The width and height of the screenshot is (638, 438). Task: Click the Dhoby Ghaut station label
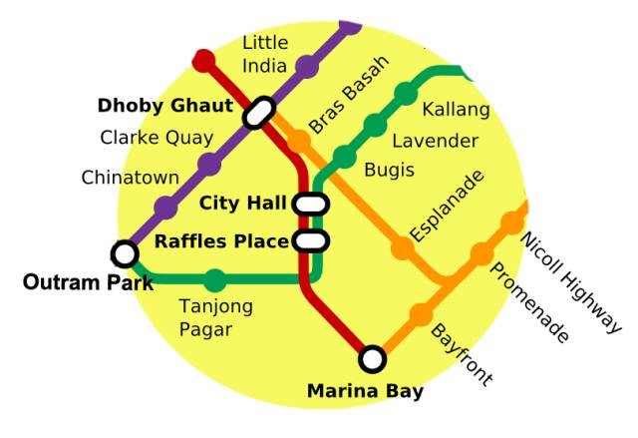click(x=163, y=106)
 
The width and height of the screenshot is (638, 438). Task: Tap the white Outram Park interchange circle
click(x=125, y=253)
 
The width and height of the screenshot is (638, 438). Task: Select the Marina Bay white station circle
click(x=372, y=357)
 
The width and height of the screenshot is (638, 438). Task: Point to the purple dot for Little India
click(x=306, y=68)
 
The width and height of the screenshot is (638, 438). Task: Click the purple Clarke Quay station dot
click(x=209, y=164)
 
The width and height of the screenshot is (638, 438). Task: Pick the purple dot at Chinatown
click(x=165, y=208)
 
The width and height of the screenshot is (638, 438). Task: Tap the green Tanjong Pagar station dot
click(x=215, y=281)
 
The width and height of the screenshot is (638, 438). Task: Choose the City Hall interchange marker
click(x=311, y=205)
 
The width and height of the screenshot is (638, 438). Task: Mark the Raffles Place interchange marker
click(x=311, y=240)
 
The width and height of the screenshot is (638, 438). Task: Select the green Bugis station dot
click(x=343, y=157)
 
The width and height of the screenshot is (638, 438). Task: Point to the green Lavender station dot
click(x=374, y=126)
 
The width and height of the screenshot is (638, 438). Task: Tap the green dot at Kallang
click(x=406, y=94)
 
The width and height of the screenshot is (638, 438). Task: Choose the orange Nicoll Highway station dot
click(x=512, y=222)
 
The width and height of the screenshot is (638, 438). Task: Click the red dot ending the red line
click(x=203, y=60)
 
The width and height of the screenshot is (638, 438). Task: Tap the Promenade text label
click(x=529, y=304)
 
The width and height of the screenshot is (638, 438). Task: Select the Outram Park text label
click(x=88, y=283)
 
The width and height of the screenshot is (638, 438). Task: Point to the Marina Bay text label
click(x=365, y=390)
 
